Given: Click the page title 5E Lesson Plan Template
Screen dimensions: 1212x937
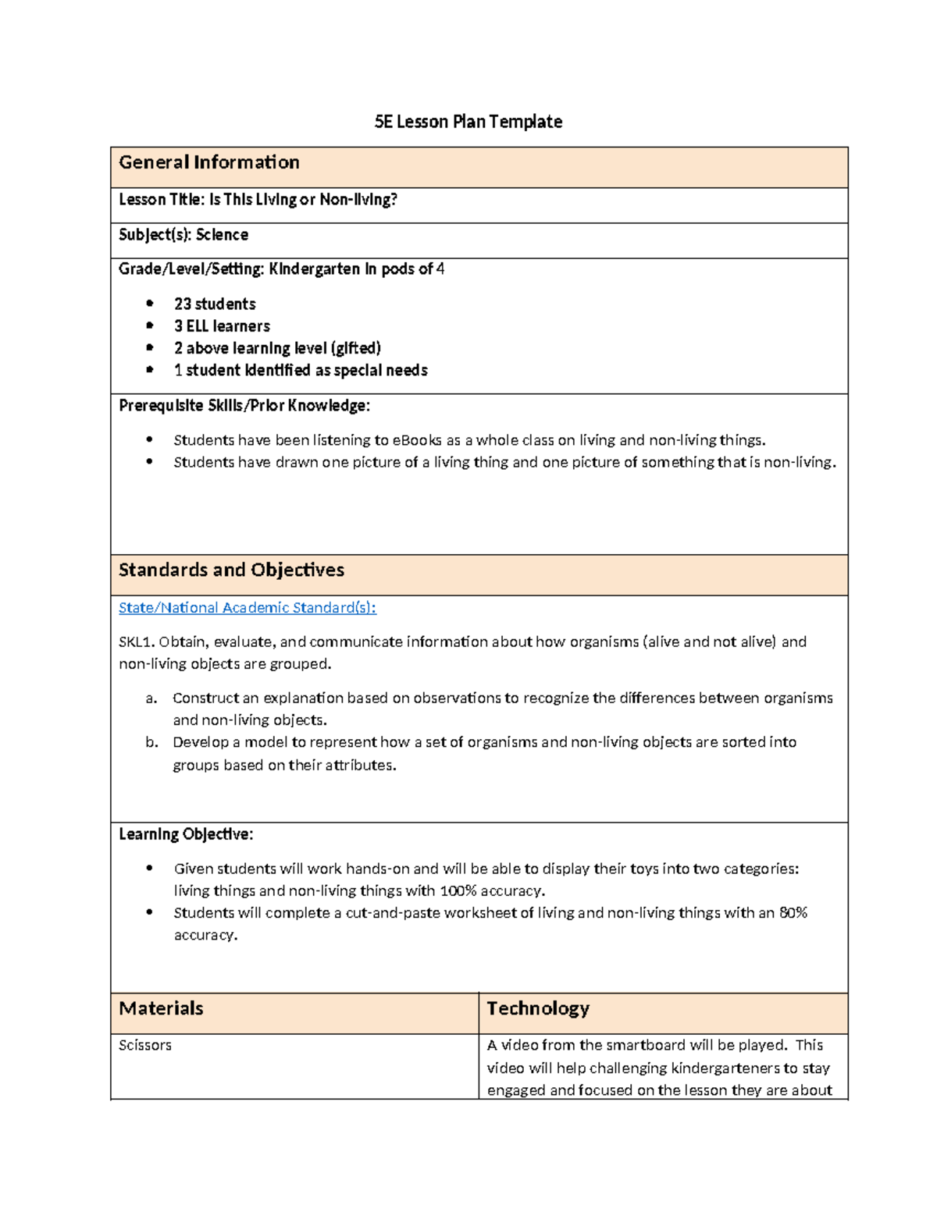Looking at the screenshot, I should (x=468, y=122).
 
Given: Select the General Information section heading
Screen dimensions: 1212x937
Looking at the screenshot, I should (x=209, y=162).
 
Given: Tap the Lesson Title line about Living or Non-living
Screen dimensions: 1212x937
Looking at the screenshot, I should (x=258, y=200).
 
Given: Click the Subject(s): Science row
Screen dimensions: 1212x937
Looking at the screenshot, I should (x=183, y=235).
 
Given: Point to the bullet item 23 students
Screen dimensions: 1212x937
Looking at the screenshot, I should (x=215, y=304).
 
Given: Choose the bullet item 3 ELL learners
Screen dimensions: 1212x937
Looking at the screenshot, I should (x=222, y=326).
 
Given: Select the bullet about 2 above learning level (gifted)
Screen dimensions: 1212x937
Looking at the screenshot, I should (x=277, y=348).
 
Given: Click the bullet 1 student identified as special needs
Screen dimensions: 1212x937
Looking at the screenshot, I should (x=301, y=370).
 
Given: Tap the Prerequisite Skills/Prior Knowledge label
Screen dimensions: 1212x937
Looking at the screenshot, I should (x=244, y=406).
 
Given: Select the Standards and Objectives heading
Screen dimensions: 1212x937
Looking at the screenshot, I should (x=231, y=570).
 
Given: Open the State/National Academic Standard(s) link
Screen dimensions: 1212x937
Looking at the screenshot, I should (x=248, y=608).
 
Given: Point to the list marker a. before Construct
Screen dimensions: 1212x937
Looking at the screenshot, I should (x=151, y=698).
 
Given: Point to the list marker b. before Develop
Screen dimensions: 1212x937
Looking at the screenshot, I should (x=151, y=742).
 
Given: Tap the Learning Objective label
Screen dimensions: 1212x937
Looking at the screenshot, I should (x=186, y=834).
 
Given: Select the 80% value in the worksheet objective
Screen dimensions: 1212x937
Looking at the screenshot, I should (x=793, y=913).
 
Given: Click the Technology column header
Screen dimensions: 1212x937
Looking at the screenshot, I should (x=538, y=1009).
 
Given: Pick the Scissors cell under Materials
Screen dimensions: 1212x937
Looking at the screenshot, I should (x=145, y=1046).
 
